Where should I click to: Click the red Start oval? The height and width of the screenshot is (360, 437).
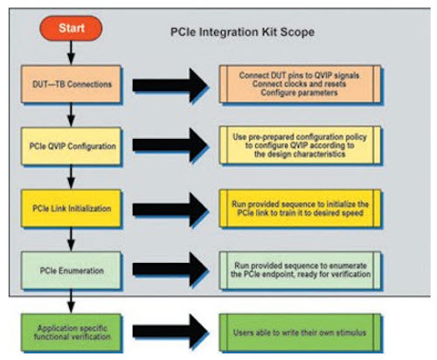point(71,28)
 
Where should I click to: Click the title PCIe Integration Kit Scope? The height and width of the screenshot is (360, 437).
point(242,32)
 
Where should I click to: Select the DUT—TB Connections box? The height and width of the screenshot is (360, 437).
point(72,84)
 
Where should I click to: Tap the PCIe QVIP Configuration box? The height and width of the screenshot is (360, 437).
point(72,146)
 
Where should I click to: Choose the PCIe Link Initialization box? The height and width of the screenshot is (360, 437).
point(72,209)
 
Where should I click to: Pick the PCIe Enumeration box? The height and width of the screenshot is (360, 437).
point(72,271)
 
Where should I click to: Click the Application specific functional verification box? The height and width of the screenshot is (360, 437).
point(72,333)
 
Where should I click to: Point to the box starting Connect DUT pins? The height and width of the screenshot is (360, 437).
point(300,84)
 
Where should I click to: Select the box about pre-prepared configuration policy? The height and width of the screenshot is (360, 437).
point(300,145)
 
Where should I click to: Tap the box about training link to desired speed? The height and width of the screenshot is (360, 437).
point(300,209)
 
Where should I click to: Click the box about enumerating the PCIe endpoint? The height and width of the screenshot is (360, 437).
point(300,271)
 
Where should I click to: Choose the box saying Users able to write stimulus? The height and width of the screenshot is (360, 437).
point(300,333)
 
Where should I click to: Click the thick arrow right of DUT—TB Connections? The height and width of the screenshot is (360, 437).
point(170,85)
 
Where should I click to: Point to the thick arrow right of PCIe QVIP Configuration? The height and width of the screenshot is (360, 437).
point(170,145)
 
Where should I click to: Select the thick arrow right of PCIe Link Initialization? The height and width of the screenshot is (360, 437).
point(170,210)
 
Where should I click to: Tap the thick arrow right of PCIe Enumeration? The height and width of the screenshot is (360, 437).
point(170,269)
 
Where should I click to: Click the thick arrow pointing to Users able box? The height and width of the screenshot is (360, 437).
point(170,331)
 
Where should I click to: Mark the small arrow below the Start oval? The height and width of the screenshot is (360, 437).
point(71,52)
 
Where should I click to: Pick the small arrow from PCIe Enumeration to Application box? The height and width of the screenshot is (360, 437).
point(71,301)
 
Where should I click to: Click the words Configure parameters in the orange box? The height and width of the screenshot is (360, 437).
point(299,93)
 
